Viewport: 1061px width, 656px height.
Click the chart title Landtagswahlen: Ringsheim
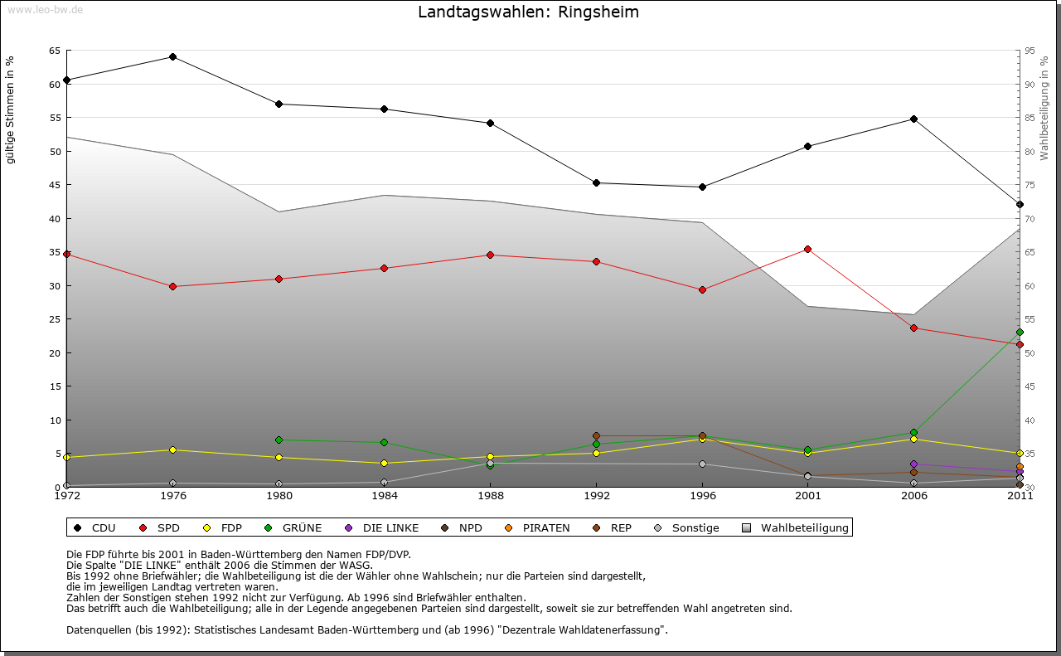coord(528,12)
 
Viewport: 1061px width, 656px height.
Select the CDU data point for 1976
coord(172,56)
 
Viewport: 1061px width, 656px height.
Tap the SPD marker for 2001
coord(807,249)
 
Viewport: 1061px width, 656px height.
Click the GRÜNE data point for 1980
coord(279,440)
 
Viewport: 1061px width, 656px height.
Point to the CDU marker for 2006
coord(913,119)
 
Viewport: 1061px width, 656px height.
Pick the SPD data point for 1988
coord(490,255)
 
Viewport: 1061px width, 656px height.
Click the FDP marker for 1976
coord(172,449)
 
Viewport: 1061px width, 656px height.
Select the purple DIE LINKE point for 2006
coord(913,464)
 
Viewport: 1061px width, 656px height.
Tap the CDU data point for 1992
coord(596,182)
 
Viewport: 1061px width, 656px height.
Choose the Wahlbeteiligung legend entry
coord(797,527)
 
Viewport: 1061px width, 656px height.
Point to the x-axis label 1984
coord(384,496)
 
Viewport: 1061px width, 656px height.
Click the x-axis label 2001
coord(807,496)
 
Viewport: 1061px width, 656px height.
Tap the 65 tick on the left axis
coord(54,51)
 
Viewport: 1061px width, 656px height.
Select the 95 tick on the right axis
coord(1029,51)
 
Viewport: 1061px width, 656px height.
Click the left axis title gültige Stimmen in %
coord(11,109)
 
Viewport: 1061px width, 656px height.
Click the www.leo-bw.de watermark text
coord(45,9)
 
